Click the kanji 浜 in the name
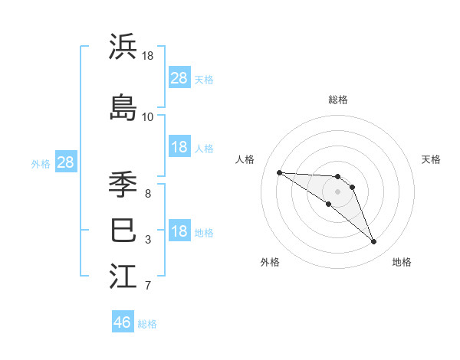(x=123, y=47)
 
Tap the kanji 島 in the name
(x=123, y=107)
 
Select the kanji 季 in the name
(x=123, y=185)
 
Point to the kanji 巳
(x=123, y=230)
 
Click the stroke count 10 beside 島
(x=147, y=117)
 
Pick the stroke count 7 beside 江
(x=147, y=286)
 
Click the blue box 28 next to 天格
(x=179, y=78)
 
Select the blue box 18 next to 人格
(x=179, y=147)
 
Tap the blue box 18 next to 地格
(x=179, y=232)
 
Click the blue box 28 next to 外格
(x=65, y=162)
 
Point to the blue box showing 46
(x=123, y=322)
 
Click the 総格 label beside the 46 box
(x=147, y=324)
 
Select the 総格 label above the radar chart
(x=337, y=100)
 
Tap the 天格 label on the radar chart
(x=431, y=159)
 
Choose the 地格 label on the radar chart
(x=402, y=262)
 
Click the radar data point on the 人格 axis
(x=279, y=172)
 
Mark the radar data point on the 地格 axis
(x=373, y=242)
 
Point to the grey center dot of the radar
(x=337, y=191)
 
